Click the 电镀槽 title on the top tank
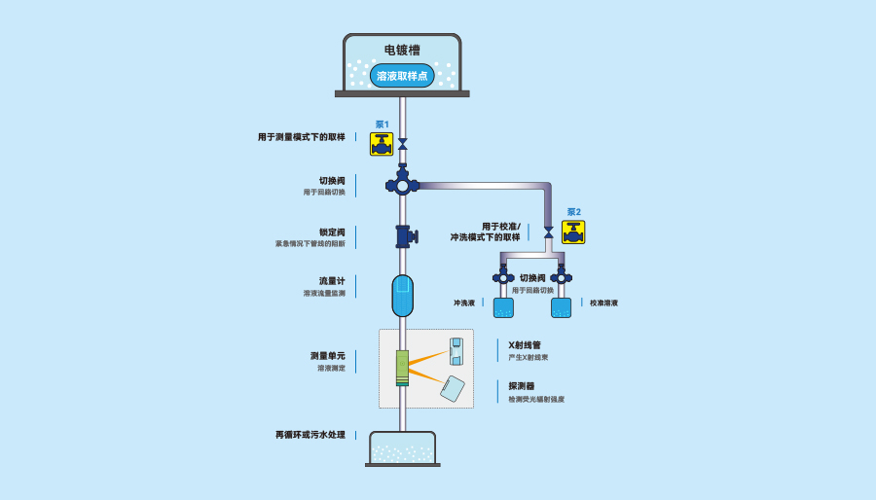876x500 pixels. pyautogui.click(x=402, y=50)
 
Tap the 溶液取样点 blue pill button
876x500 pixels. pyautogui.click(x=402, y=75)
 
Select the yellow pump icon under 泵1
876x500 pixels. pyautogui.click(x=382, y=144)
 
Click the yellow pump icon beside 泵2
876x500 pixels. pyautogui.click(x=573, y=232)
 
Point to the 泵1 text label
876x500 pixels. pyautogui.click(x=382, y=125)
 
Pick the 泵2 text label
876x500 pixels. pyautogui.click(x=573, y=212)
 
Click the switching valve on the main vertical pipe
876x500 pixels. pyautogui.click(x=402, y=184)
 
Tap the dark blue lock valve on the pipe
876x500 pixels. pyautogui.click(x=404, y=236)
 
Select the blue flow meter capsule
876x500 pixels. pyautogui.click(x=403, y=295)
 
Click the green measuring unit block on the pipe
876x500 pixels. pyautogui.click(x=402, y=368)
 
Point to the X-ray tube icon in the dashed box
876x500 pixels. pyautogui.click(x=456, y=351)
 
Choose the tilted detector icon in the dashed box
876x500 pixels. pyautogui.click(x=452, y=388)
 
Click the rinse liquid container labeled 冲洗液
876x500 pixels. pyautogui.click(x=503, y=308)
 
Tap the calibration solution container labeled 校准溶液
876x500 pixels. pyautogui.click(x=561, y=308)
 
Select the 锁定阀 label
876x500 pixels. pyautogui.click(x=332, y=232)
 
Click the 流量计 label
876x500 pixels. pyautogui.click(x=332, y=281)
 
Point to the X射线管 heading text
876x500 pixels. pyautogui.click(x=524, y=345)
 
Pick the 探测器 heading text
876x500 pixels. pyautogui.click(x=521, y=386)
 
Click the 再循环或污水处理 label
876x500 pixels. pyautogui.click(x=310, y=434)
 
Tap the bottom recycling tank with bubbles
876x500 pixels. pyautogui.click(x=402, y=448)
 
